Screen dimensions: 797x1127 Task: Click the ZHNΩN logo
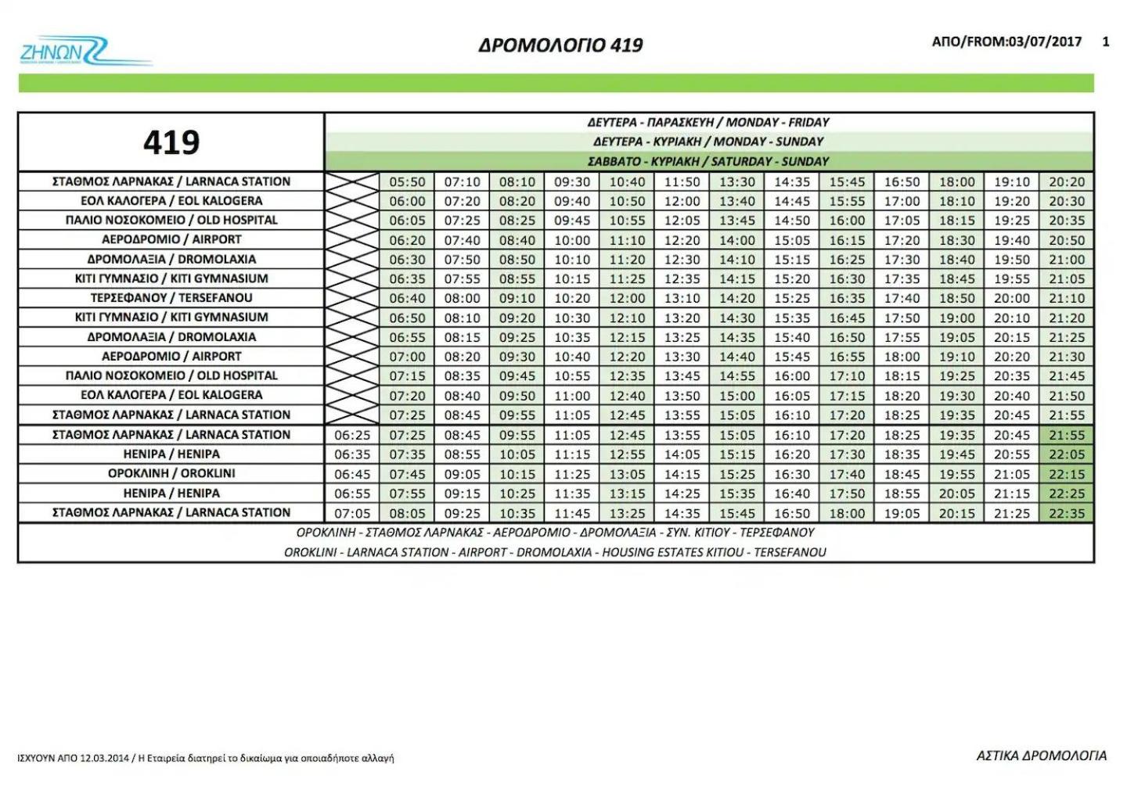pos(82,51)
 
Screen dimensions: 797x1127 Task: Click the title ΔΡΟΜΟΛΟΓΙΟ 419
pos(560,45)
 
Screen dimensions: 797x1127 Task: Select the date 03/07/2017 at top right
pos(1045,41)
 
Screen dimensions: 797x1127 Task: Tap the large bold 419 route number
pos(171,142)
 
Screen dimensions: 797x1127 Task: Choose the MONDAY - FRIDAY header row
pos(708,122)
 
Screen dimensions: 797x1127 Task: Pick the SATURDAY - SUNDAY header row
pos(708,161)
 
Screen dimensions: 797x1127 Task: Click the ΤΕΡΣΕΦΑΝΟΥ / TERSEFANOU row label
pos(171,298)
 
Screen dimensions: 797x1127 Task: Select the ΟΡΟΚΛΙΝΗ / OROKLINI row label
pos(171,473)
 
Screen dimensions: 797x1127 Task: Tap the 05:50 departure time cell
pos(407,181)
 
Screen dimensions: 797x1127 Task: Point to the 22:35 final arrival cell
pos(1067,513)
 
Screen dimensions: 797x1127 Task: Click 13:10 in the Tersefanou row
pos(682,298)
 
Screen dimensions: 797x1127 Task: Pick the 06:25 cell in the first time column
pos(351,435)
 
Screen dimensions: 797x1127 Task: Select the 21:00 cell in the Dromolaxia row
pos(1067,260)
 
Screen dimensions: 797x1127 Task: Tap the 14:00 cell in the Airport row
pos(737,240)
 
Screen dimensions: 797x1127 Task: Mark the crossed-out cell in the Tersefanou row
pos(351,298)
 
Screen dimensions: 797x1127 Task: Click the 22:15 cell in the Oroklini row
pos(1067,474)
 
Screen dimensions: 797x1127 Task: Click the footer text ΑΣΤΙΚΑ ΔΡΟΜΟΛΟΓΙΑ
pos(1042,756)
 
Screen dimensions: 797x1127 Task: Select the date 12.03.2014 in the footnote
pos(106,758)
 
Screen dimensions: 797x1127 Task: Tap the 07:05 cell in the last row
pos(351,513)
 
